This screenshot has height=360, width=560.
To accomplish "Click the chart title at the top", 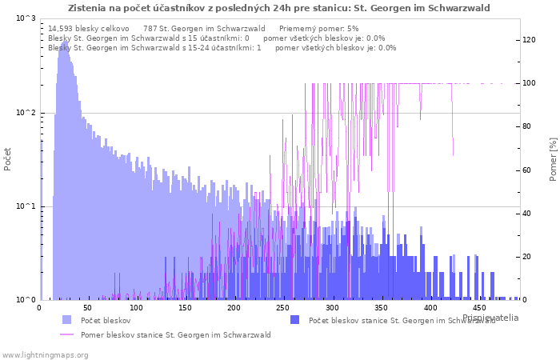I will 279,8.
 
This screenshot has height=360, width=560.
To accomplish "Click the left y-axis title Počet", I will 8,158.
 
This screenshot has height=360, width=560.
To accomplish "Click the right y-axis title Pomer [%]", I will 553,158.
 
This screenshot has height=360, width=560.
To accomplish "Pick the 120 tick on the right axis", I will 530,40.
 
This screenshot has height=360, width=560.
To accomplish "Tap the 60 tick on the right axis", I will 527,170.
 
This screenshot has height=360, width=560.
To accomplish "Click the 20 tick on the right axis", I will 527,257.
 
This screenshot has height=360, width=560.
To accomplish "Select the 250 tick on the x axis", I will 284,308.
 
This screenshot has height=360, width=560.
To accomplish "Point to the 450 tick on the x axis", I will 479,308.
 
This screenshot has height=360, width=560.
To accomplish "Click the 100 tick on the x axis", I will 137,308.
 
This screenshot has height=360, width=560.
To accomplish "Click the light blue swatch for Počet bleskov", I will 66,320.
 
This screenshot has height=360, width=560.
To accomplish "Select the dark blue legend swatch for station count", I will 294,320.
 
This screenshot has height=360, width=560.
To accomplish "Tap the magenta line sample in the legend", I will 66,334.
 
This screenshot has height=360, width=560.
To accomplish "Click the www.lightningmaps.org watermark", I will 44,354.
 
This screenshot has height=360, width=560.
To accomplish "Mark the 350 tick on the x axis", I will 382,308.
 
